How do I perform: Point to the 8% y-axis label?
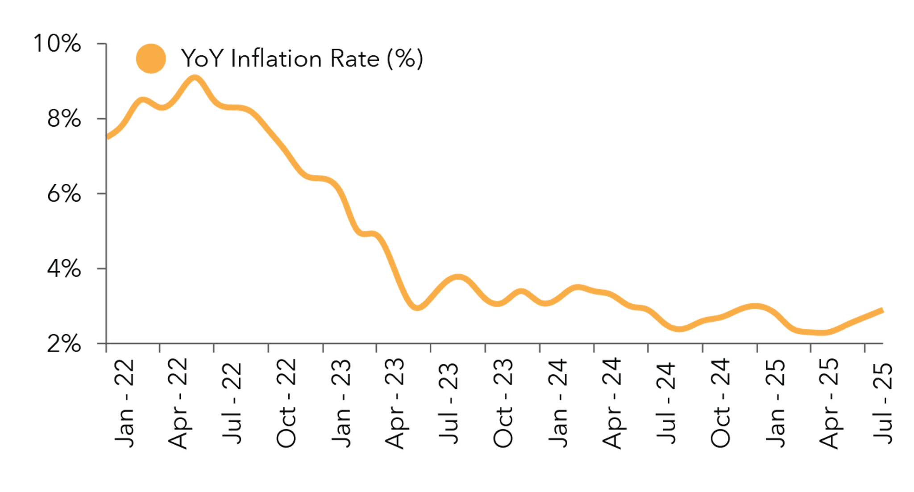[x=64, y=120]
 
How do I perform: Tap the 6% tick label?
[x=64, y=194]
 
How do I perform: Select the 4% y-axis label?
[x=64, y=269]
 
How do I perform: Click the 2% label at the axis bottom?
[x=64, y=344]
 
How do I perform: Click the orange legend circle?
[x=151, y=58]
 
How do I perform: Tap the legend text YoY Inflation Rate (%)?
[x=302, y=58]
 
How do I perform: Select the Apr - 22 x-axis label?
[x=179, y=403]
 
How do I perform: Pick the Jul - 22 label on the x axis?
[x=233, y=403]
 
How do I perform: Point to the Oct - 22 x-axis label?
[x=287, y=403]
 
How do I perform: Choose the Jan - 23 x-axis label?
[x=341, y=403]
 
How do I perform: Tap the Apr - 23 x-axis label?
[x=395, y=403]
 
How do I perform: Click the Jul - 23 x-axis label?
[x=449, y=403]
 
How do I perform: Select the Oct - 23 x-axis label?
[x=503, y=403]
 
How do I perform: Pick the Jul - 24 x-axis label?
[x=666, y=403]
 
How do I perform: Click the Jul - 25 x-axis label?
[x=883, y=403]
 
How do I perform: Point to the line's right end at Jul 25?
[x=881, y=310]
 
